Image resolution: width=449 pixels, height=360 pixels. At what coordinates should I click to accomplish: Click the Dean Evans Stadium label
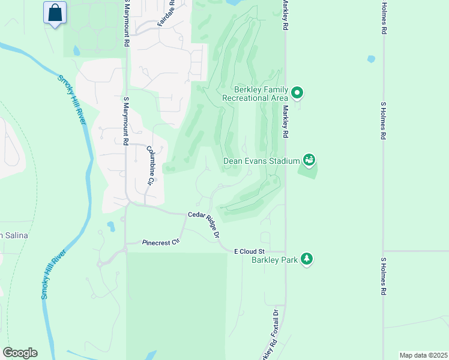261,161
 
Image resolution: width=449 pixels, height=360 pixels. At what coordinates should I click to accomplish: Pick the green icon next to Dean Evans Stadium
309,160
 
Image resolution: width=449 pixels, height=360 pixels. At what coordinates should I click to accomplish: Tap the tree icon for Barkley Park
307,259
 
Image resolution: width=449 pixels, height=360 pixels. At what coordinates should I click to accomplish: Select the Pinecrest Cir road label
161,242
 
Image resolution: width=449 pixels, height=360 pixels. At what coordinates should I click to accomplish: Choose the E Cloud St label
249,251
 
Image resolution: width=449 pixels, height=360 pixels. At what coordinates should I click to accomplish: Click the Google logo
20,353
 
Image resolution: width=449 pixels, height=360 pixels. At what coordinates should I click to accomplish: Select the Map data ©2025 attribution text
423,355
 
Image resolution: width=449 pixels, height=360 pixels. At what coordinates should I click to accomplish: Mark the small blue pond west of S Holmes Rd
370,59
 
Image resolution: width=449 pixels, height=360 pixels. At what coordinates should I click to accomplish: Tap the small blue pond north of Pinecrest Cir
110,227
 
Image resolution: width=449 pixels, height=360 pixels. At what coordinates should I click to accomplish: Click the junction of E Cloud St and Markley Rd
285,251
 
